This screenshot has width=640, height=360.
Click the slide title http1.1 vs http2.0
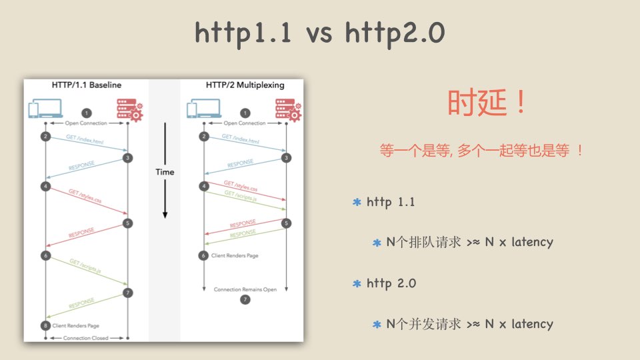coord(319,33)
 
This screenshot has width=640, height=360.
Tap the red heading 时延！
coord(487,102)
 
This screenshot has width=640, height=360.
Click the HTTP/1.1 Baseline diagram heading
coord(87,85)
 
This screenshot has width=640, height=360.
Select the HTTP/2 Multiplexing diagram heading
coord(245,85)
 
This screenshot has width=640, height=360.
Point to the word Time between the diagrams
coord(165,172)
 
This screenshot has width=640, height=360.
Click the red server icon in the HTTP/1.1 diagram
coord(129,109)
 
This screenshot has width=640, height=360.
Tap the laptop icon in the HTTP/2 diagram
coord(204,109)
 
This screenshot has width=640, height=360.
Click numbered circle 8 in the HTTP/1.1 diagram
coord(45,325)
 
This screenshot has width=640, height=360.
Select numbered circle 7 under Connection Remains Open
coord(245,299)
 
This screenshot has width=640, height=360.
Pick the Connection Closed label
coord(86,338)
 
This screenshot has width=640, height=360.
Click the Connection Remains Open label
coord(245,289)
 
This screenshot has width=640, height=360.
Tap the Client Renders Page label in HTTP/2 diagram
coord(235,255)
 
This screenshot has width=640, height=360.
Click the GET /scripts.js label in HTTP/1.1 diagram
coord(85,266)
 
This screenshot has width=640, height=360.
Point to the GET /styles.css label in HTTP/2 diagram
coord(241,186)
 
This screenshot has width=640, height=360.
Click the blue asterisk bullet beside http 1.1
coord(357,202)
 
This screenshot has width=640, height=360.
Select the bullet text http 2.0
coord(391,283)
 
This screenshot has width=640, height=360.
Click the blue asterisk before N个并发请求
coord(377,325)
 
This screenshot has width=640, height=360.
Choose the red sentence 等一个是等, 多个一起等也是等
coord(474,151)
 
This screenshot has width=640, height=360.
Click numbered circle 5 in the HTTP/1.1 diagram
coord(127,223)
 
